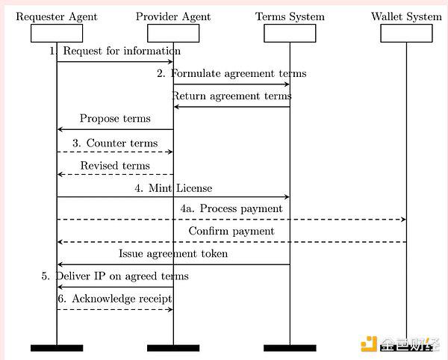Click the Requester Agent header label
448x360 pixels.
pos(57,17)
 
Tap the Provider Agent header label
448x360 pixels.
pos(173,17)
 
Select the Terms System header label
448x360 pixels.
pos(290,16)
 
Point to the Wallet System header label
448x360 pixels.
pos(406,16)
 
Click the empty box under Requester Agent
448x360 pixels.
pos(57,33)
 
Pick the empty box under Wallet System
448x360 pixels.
pos(406,33)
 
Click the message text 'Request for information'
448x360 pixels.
pos(122,51)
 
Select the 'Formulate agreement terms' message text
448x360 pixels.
pos(239,73)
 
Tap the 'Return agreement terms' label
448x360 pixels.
pos(231,96)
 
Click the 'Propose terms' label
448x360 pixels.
pos(115,119)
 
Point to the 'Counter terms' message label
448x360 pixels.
pos(122,143)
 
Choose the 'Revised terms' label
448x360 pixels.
pos(115,166)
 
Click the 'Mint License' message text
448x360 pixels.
pos(180,188)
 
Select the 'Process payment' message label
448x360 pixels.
pos(241,209)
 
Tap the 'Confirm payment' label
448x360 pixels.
pos(231,231)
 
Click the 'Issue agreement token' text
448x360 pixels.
pos(173,254)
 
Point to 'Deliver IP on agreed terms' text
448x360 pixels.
pos(122,276)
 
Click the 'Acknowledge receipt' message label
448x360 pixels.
pos(122,299)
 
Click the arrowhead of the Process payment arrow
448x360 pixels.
pos(404,220)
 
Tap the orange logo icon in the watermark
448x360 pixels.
pos(369,344)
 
